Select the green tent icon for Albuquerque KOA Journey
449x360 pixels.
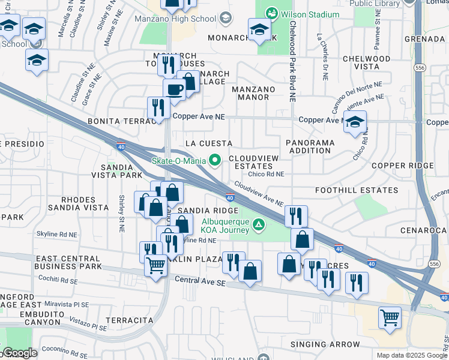[x=258, y=226]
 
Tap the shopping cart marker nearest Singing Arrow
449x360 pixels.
[x=390, y=317]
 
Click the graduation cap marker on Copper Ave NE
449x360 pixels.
[x=355, y=121]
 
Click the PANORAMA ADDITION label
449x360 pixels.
[x=310, y=146]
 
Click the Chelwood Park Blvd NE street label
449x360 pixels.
[x=292, y=61]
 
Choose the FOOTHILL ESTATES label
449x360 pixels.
[x=357, y=190]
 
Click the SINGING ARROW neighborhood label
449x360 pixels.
[x=325, y=344]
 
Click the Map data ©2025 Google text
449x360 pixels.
[x=412, y=355]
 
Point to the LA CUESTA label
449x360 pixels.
[x=209, y=143]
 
